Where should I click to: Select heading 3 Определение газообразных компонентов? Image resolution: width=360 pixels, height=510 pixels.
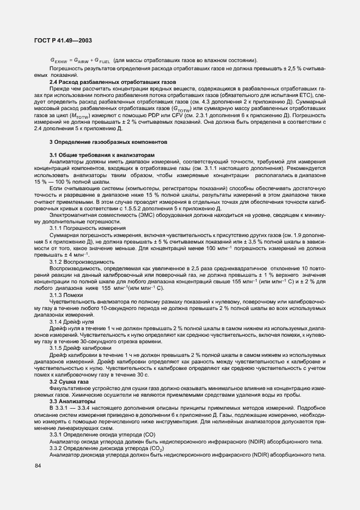113,142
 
